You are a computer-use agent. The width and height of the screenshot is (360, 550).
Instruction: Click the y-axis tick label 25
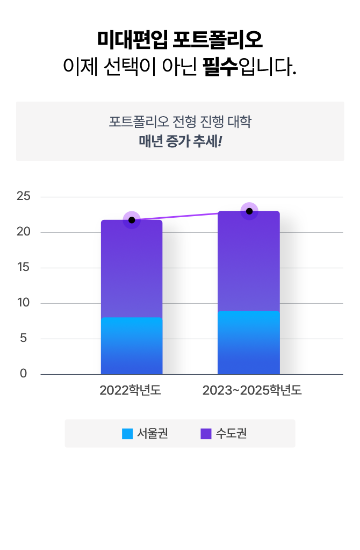coord(24,196)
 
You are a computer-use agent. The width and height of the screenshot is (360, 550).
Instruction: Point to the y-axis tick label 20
coord(24,232)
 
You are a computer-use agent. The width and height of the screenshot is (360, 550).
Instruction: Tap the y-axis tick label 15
coord(24,268)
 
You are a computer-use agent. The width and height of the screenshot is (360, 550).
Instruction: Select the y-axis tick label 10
coord(24,303)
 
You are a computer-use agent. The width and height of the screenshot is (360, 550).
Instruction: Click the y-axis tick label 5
coord(24,339)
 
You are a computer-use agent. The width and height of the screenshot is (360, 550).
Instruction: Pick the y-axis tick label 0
coord(24,374)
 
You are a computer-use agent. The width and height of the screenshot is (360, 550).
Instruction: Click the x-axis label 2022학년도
coord(130,390)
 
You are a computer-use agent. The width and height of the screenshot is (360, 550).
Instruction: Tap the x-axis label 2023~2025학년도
coord(252,390)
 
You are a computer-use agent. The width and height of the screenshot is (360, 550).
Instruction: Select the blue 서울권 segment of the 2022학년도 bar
coord(132,346)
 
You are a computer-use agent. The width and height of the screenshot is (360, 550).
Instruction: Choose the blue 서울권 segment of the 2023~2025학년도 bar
coord(249,342)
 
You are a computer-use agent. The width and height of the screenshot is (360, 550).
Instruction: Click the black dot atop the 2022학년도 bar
coord(132,220)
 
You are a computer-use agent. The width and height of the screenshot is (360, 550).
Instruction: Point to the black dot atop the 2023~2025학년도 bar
coord(249,211)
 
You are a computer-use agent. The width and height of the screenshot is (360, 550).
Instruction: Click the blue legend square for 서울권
coord(127,433)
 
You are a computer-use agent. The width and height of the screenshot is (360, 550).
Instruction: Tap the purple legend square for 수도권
coord(206,433)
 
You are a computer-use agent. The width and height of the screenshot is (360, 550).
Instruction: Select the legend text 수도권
coord(231,433)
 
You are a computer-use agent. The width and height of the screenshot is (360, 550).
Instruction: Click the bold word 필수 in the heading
coord(220,68)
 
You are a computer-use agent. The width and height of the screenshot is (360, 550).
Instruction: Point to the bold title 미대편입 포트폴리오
coord(180,39)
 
